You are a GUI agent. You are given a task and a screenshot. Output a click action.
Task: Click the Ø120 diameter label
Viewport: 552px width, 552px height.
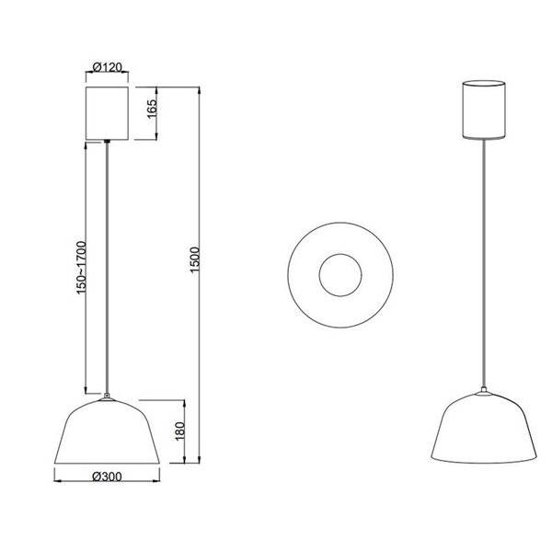pyautogui.click(x=110, y=67)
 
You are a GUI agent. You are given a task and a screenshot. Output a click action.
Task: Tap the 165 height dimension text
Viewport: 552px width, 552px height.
pyautogui.click(x=152, y=114)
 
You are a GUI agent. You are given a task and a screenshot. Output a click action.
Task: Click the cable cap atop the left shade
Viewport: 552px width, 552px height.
pyautogui.click(x=110, y=397)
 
